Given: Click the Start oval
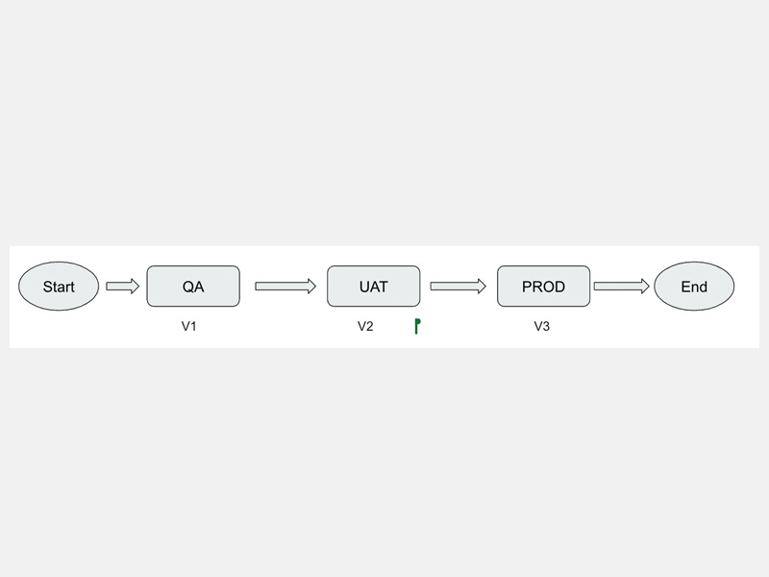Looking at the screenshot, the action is pos(59,286).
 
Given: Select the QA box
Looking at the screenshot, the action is pos(193,286).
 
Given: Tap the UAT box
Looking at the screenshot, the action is pos(374,286).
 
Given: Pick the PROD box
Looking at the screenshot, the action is pos(543,286).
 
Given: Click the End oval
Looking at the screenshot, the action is pos(694,286).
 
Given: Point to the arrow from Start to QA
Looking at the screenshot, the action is pos(123,286).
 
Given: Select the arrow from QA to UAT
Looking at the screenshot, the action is pos(285,286).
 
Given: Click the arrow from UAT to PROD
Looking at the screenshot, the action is pos(459,286).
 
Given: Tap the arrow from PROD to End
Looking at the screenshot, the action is pos(621,286).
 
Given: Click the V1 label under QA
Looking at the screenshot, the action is pos(188,326).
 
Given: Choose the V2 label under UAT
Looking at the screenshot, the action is pos(365,326).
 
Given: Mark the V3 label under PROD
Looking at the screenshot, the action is pos(542,326).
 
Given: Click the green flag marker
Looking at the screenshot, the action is pos(417,326).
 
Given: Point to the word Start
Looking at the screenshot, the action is pos(59,287).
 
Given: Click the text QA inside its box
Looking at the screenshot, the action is pos(193,287).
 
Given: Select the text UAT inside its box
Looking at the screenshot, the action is pos(374,287).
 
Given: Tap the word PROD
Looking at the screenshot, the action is pos(543,287).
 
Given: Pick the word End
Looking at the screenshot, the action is pos(694,287).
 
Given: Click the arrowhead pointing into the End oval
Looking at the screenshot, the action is pos(645,286).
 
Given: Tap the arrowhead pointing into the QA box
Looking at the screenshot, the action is pos(136,286).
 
